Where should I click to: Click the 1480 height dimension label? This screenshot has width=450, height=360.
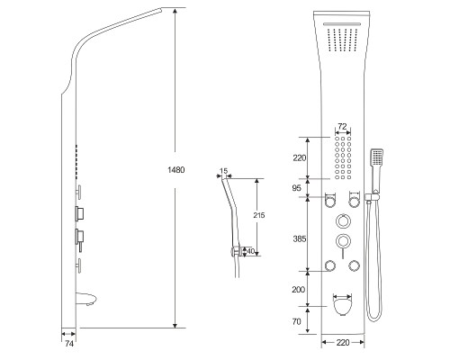[x=176, y=170]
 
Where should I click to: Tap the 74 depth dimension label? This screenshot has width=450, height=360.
[x=69, y=344]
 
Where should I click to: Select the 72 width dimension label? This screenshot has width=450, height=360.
[x=342, y=126]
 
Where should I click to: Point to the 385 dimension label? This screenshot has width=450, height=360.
[x=300, y=238]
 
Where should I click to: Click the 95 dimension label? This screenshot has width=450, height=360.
[x=296, y=188]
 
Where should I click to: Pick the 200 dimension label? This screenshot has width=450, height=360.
[x=299, y=290]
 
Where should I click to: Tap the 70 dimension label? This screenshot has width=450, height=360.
[x=296, y=321]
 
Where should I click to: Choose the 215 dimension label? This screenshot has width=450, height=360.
[x=259, y=215]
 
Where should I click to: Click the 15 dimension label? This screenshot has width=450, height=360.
[x=223, y=171]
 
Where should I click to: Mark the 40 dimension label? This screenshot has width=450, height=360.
[x=250, y=251]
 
